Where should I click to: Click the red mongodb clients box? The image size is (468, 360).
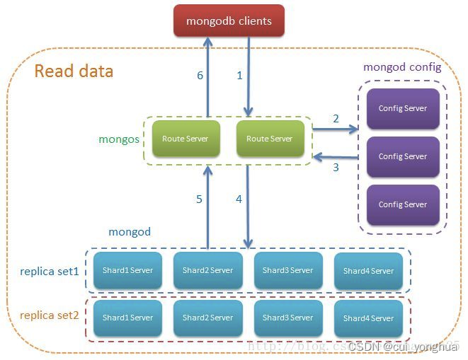coord(229,21)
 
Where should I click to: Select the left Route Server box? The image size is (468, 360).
coord(185,139)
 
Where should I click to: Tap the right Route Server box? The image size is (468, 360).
coord(269,139)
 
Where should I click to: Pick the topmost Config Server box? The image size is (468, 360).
coord(402,109)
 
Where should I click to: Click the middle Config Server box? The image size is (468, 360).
coord(402,156)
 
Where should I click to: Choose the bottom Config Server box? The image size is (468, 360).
coord(402,204)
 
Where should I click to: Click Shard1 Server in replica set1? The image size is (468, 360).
coord(127,270)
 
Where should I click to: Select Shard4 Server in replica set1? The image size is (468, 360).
coord(368,271)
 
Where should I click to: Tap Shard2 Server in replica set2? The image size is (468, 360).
coord(207,318)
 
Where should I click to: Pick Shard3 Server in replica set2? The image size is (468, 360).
coord(287,318)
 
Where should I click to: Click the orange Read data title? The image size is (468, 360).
coord(74,71)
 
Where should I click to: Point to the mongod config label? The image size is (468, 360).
coord(401,68)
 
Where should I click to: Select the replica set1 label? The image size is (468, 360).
coord(50,271)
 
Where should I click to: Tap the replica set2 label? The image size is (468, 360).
coord(50,315)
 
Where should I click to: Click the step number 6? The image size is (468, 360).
coord(200,75)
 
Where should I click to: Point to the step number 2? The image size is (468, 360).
coord(336,119)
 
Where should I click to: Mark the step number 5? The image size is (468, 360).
coord(199,199)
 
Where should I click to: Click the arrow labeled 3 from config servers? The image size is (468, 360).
coord(336,156)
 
